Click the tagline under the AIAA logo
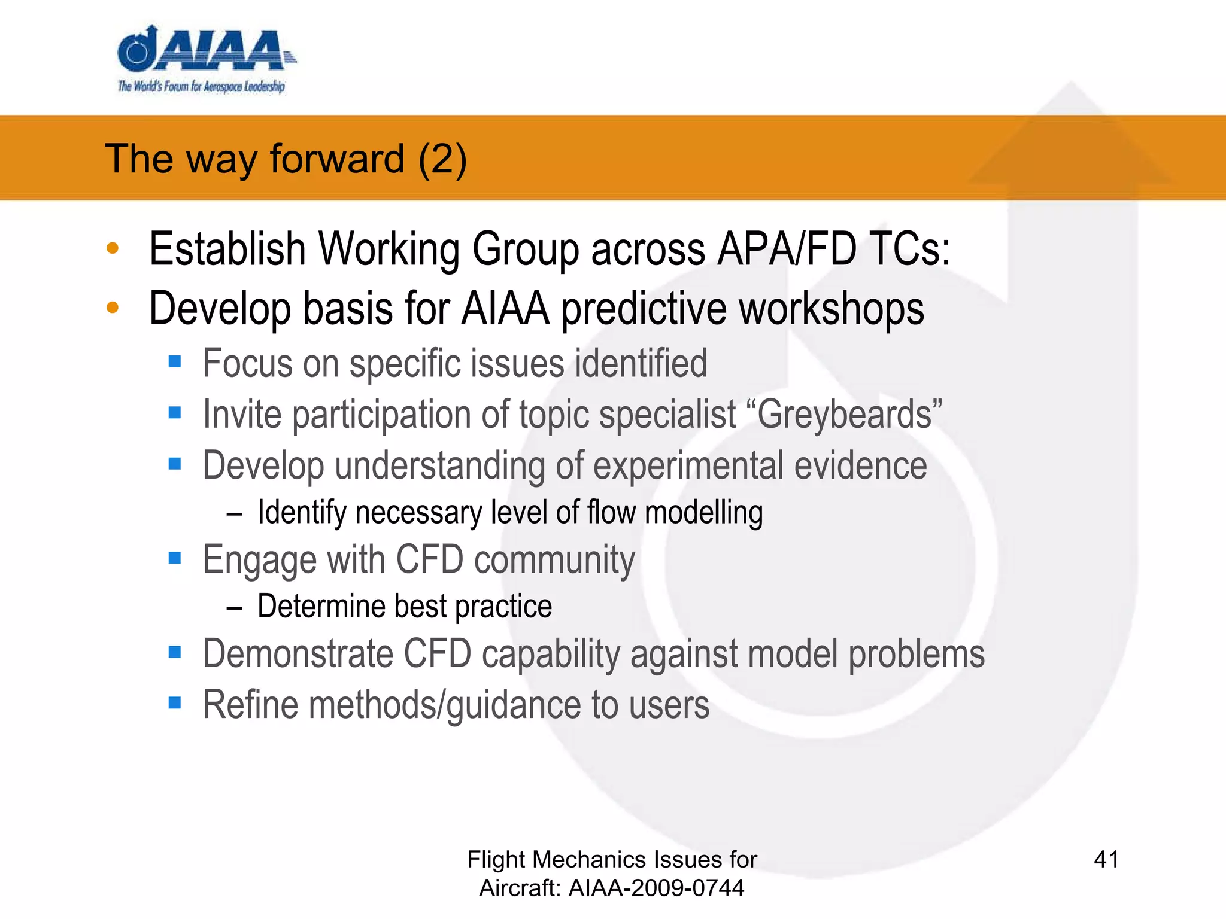click(201, 86)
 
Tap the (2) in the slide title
click(442, 159)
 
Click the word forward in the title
click(337, 159)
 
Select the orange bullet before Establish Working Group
click(113, 248)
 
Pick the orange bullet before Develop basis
click(113, 308)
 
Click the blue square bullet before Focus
click(175, 361)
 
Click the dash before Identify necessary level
click(235, 514)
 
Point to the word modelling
click(703, 513)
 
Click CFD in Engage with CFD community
click(430, 560)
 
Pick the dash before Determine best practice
click(235, 608)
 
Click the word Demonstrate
click(298, 653)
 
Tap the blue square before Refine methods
click(175, 702)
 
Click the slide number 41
click(1106, 860)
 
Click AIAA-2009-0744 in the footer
click(656, 888)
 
